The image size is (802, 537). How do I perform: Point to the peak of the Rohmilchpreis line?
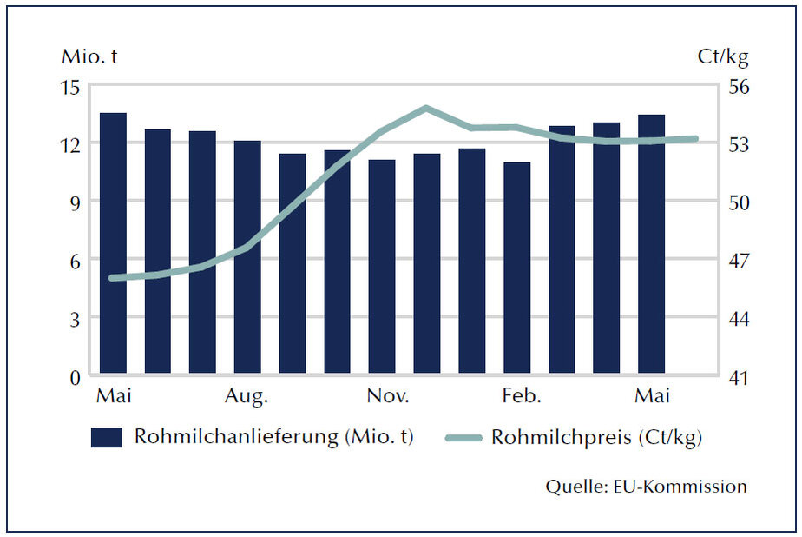(426, 109)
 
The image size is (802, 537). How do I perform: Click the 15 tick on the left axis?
(70, 87)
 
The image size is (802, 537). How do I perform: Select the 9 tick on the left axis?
(75, 202)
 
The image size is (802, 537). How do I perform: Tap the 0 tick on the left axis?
(75, 377)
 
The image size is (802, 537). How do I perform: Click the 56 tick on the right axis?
(736, 87)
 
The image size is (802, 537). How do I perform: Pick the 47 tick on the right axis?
(736, 260)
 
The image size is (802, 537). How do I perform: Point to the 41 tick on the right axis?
(736, 378)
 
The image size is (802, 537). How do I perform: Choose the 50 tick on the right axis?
(736, 202)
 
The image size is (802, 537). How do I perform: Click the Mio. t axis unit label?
(89, 58)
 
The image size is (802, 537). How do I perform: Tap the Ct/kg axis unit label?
(722, 58)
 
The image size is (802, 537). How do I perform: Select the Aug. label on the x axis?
(247, 397)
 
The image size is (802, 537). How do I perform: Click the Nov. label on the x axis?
(387, 397)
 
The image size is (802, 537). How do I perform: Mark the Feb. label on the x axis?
(522, 397)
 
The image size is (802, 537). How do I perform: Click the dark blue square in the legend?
(106, 437)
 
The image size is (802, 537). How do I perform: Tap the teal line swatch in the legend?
(463, 438)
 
